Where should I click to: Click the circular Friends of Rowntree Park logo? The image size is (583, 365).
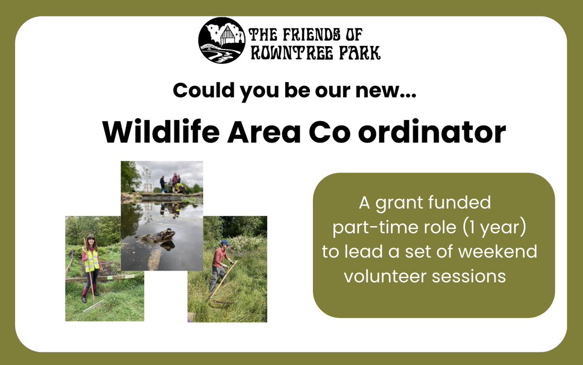click(222, 40)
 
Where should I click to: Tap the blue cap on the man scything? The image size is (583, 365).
click(224, 243)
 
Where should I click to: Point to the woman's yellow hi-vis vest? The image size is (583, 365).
click(91, 261)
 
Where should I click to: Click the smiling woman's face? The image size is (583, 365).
click(90, 242)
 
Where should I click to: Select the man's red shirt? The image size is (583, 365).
click(220, 257)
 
